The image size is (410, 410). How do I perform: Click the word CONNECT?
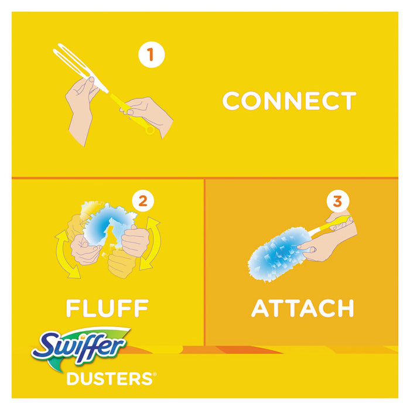click(289, 101)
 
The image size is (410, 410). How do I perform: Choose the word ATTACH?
click(302, 307)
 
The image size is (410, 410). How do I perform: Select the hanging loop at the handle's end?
click(151, 129)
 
